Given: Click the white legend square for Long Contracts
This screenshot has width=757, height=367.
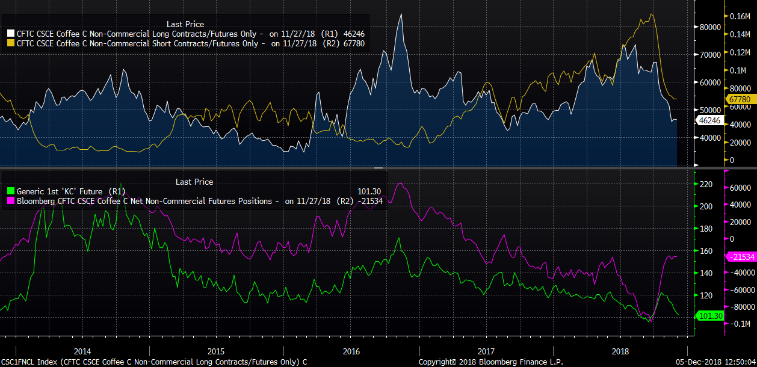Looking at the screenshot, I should pyautogui.click(x=11, y=34).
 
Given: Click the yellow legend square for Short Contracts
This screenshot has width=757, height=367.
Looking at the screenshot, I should pyautogui.click(x=11, y=43).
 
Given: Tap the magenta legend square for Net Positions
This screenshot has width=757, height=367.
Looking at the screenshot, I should pyautogui.click(x=11, y=201).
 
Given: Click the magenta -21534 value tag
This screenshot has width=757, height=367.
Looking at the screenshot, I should pyautogui.click(x=739, y=257).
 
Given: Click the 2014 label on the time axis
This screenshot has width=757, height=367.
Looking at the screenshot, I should pyautogui.click(x=82, y=351).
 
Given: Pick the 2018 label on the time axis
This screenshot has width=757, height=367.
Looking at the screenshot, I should pyautogui.click(x=620, y=351).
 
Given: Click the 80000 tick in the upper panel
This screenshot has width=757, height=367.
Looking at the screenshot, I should pyautogui.click(x=709, y=27).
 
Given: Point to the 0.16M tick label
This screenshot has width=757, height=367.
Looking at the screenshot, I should pyautogui.click(x=741, y=16).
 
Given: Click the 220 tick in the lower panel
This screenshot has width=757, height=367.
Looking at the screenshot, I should pyautogui.click(x=705, y=184).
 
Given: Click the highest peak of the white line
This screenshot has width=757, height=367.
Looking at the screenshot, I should pyautogui.click(x=401, y=14).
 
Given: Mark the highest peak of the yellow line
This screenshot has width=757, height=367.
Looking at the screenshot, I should pyautogui.click(x=652, y=14).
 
